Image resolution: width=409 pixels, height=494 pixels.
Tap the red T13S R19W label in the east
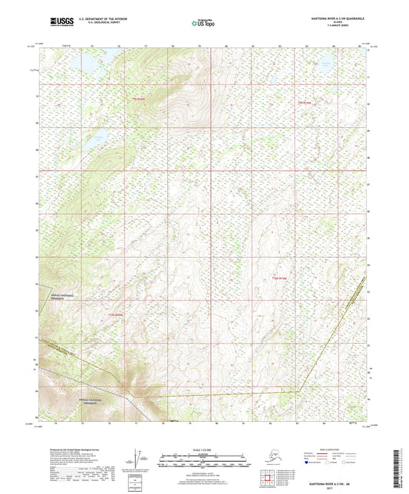279,277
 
